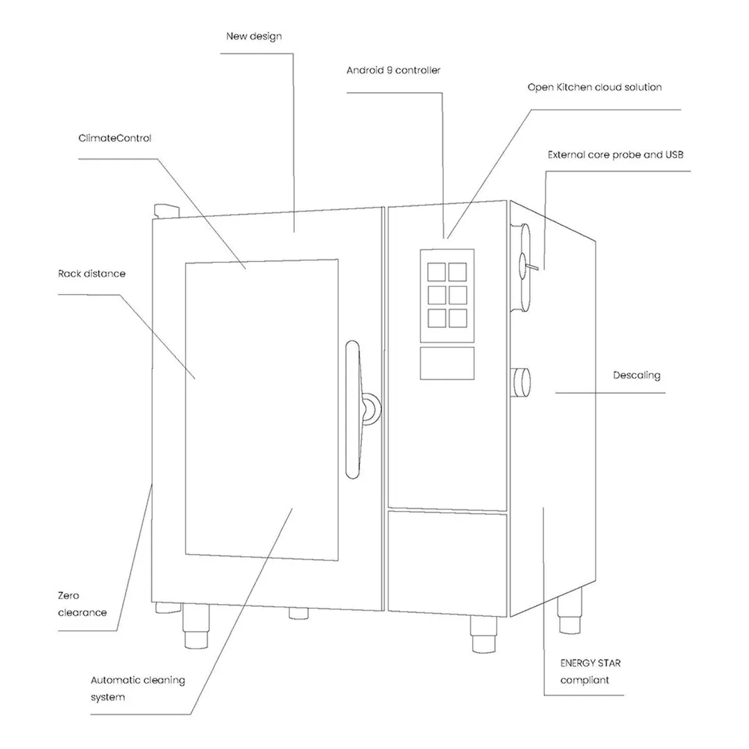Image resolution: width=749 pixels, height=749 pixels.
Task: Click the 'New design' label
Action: click(x=254, y=36)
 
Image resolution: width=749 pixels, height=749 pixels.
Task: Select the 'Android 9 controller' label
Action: click(x=393, y=70)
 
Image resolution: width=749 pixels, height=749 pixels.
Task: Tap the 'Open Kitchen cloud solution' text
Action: click(x=595, y=87)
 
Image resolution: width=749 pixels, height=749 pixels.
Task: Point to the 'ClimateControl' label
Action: click(x=114, y=138)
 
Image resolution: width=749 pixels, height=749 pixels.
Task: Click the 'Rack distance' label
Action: click(x=92, y=274)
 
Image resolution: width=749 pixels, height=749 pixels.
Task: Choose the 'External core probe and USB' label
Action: click(x=615, y=155)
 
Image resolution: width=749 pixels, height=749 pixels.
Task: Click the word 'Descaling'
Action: click(x=637, y=375)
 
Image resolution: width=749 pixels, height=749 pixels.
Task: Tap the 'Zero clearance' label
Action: click(x=82, y=604)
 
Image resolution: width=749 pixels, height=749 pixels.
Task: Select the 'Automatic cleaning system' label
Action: click(x=137, y=689)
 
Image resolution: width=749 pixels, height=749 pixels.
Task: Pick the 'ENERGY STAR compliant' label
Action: click(x=590, y=671)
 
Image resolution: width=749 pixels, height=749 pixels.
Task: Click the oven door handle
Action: click(x=352, y=410)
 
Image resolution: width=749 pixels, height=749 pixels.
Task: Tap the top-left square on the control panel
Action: click(x=436, y=273)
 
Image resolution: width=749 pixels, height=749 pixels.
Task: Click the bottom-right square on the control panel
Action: click(x=458, y=318)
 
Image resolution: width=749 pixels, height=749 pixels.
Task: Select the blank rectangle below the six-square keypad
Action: click(x=447, y=363)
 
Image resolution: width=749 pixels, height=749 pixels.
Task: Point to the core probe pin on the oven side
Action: click(x=531, y=266)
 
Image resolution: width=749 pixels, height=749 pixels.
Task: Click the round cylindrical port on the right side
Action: click(x=521, y=383)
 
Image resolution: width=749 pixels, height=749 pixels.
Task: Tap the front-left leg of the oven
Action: click(x=196, y=626)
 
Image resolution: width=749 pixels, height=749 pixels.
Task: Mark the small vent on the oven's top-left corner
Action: click(x=166, y=211)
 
